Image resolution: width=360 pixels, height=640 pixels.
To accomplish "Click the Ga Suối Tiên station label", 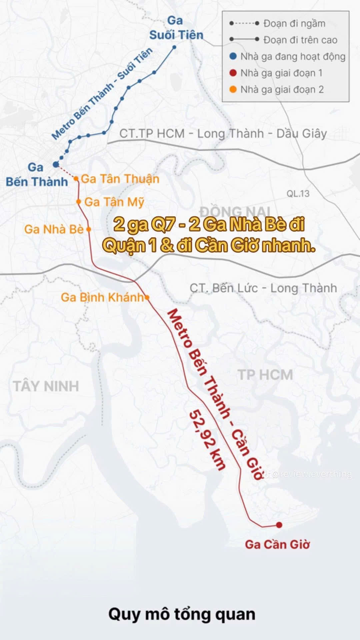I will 176,28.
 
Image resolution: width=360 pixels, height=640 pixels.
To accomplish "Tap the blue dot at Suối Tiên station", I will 174,47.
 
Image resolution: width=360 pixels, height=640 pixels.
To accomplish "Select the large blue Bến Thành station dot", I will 56,164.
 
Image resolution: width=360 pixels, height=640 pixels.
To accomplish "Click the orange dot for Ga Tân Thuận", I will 76,179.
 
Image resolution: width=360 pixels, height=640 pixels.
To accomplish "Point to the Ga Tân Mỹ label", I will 114,202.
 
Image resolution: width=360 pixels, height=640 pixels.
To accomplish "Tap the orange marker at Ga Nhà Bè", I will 89,229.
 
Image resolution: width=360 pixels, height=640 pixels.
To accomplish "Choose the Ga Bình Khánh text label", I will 102,297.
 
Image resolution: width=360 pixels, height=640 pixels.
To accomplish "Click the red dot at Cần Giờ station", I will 279,525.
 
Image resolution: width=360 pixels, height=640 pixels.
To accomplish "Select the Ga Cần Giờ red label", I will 277,544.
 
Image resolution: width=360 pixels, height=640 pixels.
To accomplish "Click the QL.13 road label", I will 298,193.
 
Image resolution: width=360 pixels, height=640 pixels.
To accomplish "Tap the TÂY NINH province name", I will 46,386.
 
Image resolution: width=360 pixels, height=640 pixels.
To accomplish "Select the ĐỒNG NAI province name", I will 235,211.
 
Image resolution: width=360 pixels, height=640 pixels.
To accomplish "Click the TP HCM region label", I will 265,375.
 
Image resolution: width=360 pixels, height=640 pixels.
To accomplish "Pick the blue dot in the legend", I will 233,56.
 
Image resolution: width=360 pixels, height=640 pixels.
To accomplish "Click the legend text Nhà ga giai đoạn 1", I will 281,73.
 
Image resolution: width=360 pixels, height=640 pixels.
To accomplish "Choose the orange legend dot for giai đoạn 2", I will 233,89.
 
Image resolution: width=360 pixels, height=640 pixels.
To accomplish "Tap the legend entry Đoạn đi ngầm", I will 294,23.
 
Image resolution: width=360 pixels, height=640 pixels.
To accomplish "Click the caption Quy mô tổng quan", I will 182,614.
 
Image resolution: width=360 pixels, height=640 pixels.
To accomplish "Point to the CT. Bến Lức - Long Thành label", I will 263,288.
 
